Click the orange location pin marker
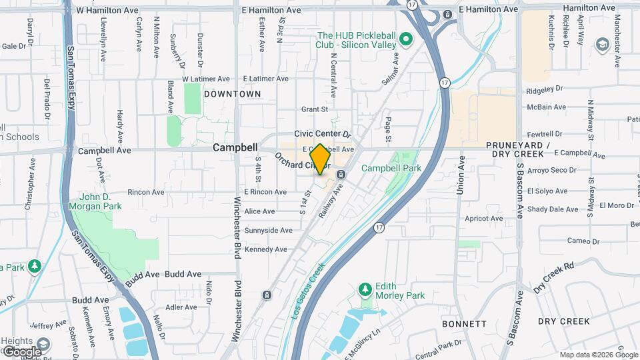[320, 159]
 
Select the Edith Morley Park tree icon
[365, 289]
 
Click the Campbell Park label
[391, 169]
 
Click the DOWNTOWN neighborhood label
[233, 95]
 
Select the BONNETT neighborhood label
[464, 323]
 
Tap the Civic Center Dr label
[322, 133]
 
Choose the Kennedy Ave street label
[266, 249]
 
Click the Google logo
[22, 351]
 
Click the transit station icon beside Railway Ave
[341, 175]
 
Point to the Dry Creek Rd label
[554, 277]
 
